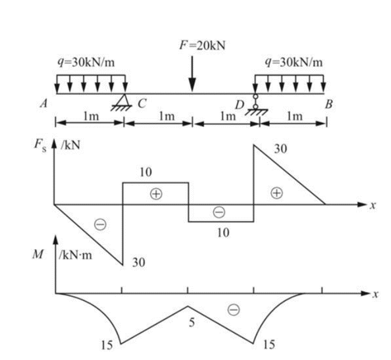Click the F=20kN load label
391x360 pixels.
[x=202, y=45]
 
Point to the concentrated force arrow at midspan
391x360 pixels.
[x=192, y=74]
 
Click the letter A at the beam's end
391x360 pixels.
[x=44, y=104]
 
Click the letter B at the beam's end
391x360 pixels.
[x=329, y=104]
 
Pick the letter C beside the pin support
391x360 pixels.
[x=142, y=104]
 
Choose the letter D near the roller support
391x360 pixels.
[x=240, y=105]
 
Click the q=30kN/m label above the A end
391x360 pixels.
[x=86, y=62]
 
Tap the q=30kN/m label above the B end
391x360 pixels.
[x=294, y=62]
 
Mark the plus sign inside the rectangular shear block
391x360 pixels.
[x=156, y=193]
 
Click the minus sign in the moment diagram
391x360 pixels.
[x=234, y=310]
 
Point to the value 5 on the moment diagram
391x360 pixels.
[x=192, y=322]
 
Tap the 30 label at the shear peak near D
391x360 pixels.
[x=281, y=149]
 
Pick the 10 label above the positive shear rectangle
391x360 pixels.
[x=146, y=172]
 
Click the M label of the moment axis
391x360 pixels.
[x=38, y=254]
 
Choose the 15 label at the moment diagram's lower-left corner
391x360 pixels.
[x=107, y=345]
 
